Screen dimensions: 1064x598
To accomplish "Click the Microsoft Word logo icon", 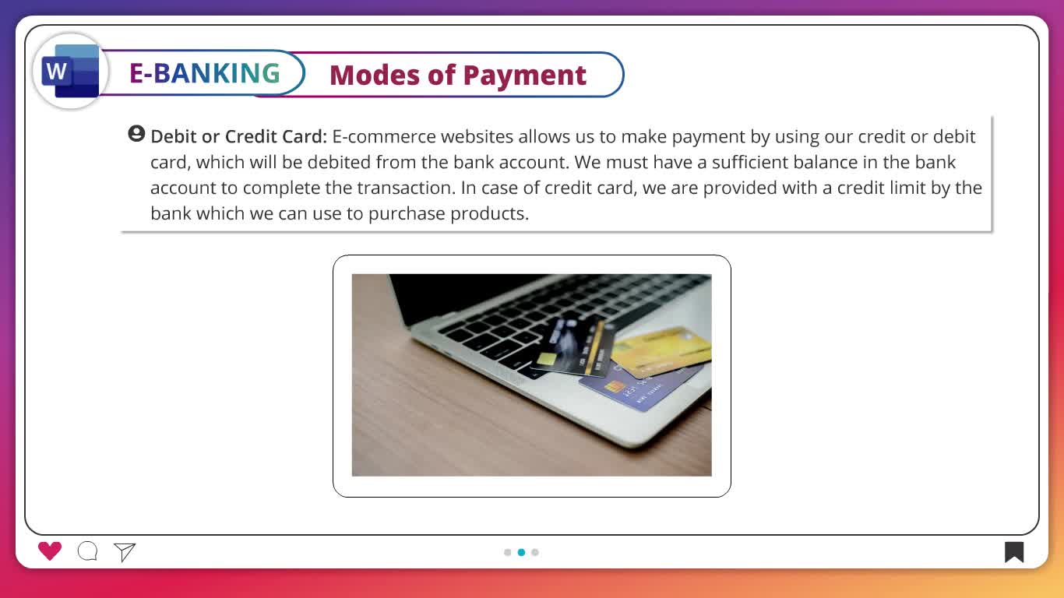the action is (71, 72).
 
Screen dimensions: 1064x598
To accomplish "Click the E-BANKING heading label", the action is (205, 73).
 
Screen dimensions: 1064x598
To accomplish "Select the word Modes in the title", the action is (375, 75).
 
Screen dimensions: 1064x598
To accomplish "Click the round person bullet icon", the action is (136, 134).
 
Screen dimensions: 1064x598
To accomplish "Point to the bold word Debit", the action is (174, 136).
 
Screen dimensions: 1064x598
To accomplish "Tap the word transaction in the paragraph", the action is (406, 188).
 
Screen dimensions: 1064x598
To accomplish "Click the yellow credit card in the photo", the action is (661, 351).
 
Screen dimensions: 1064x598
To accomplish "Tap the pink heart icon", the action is (50, 551).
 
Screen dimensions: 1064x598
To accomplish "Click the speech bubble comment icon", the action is (88, 551).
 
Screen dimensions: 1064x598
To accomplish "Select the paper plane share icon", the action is (125, 552).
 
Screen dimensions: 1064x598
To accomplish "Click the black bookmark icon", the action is (1013, 552).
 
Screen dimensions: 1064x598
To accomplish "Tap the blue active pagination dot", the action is (521, 552).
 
